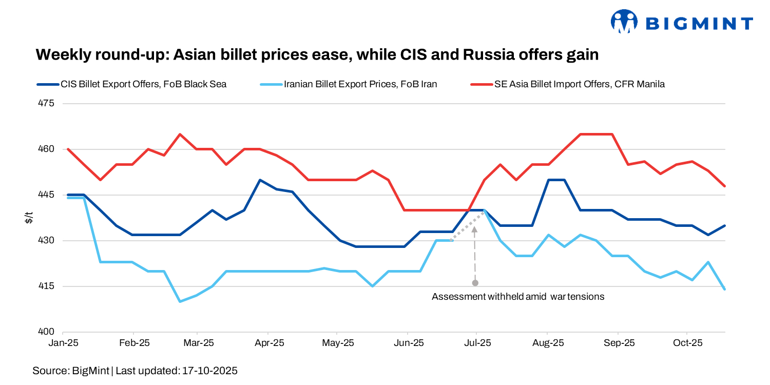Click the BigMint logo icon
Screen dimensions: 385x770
tap(623, 22)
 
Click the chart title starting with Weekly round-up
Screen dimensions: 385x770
tap(317, 55)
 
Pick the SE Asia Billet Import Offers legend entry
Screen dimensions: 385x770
tap(579, 84)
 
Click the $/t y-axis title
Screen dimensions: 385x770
tap(29, 218)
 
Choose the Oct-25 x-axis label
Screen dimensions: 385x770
tap(687, 342)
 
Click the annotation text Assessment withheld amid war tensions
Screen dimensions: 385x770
tap(518, 297)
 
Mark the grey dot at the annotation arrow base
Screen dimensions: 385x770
tap(475, 283)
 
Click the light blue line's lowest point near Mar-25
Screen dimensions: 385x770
tap(180, 301)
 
